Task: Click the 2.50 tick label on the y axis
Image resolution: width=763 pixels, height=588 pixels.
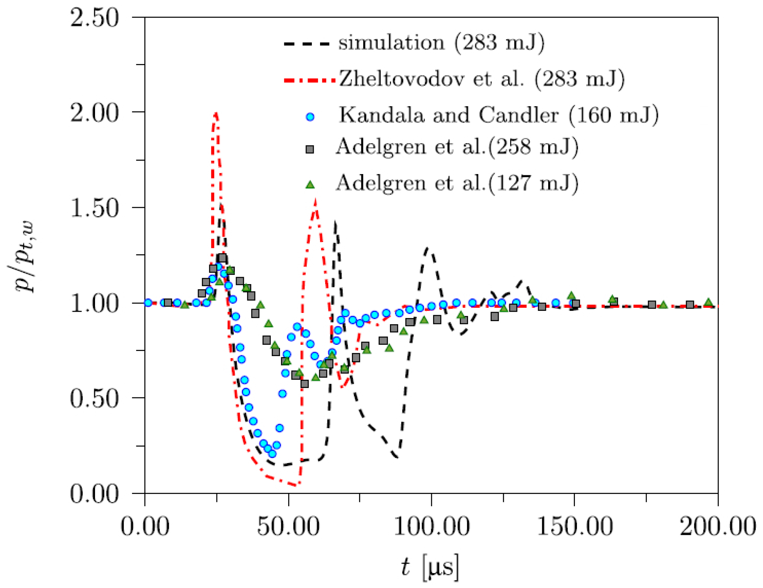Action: [x=94, y=18]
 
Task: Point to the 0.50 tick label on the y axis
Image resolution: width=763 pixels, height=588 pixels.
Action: [x=94, y=398]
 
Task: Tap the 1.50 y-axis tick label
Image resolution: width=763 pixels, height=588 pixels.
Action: [x=94, y=208]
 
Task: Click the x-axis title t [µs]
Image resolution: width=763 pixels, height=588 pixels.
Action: [x=430, y=567]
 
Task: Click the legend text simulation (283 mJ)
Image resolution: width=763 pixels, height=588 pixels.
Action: [x=441, y=42]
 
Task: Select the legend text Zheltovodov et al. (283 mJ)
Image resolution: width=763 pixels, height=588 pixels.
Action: [x=482, y=79]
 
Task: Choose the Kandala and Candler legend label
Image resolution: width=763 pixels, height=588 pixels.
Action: [x=499, y=115]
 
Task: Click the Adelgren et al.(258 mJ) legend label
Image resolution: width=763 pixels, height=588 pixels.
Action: [x=457, y=147]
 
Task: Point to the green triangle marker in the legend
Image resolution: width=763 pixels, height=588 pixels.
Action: [x=310, y=184]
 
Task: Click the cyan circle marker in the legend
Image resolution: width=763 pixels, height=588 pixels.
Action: [x=310, y=117]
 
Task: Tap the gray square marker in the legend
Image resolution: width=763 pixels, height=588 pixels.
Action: [x=310, y=149]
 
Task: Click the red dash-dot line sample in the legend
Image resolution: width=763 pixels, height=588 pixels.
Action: [x=309, y=80]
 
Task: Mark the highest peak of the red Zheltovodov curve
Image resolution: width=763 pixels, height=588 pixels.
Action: [x=216, y=114]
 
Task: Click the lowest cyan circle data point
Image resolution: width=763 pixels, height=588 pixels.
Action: [x=272, y=454]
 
